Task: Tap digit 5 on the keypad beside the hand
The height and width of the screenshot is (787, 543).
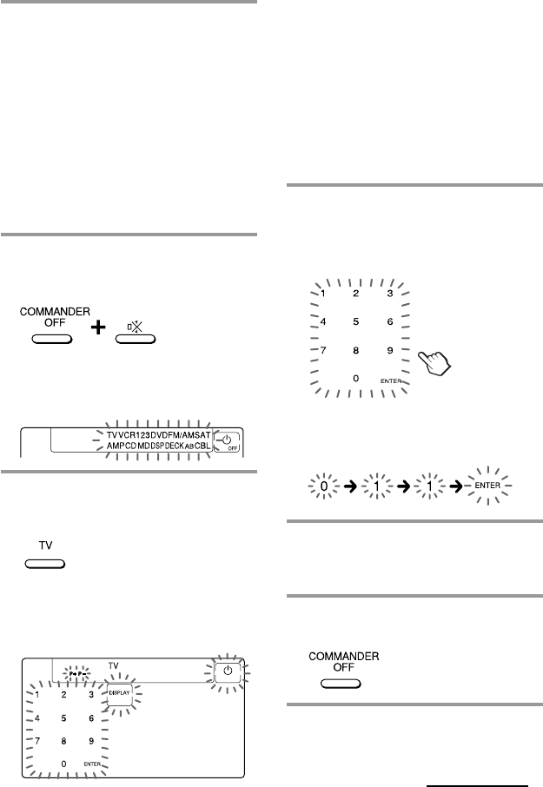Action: tap(355, 321)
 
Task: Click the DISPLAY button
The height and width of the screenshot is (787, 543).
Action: tap(119, 692)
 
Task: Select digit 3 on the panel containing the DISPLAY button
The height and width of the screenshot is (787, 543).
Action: tap(91, 695)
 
